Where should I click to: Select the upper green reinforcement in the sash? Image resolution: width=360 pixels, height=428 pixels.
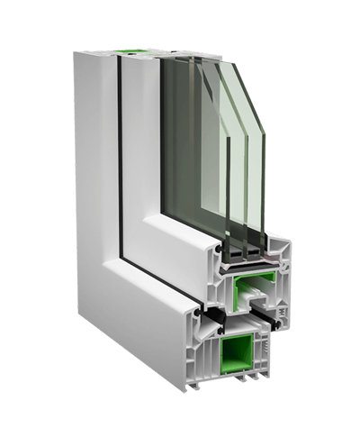[247, 290]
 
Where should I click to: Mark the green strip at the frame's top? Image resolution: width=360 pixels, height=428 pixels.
[135, 50]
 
